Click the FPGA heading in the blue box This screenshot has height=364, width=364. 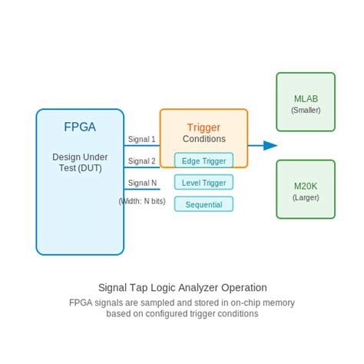coord(79,127)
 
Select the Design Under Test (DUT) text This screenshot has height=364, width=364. coord(79,162)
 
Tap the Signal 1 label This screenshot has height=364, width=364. coord(141,139)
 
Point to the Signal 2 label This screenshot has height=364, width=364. coord(141,160)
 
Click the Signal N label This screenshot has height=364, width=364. coord(142,183)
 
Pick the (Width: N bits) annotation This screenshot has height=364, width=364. coord(141,201)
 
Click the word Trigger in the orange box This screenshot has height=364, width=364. coord(204,127)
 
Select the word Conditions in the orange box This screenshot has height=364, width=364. coord(204,139)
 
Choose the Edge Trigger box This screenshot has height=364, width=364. coord(204,160)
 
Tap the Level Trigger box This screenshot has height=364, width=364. coord(204,183)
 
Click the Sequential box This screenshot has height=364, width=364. coord(204,204)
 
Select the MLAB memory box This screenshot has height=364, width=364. coord(306,102)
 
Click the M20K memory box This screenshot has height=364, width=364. coord(306,190)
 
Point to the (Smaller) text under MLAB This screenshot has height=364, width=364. coord(306,110)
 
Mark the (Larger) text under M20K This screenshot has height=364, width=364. coord(306,197)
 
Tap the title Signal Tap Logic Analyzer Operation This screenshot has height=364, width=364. coord(182,287)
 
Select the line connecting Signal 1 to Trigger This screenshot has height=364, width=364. coord(142,145)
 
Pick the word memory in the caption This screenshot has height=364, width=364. coord(278,303)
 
